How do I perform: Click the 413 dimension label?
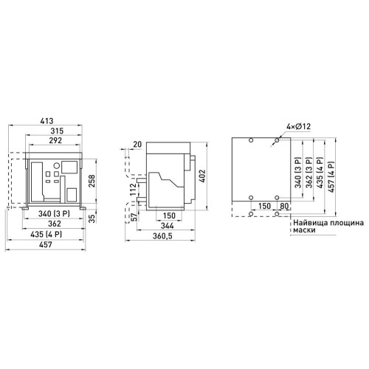[46, 121]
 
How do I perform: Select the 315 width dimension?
[57, 131]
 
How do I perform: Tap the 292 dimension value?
[55, 140]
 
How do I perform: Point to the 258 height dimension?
[92, 181]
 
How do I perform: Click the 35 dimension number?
[92, 218]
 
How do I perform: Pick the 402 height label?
[202, 176]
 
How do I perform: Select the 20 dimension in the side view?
[137, 144]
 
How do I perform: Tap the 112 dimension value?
[133, 190]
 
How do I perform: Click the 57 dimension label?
[133, 217]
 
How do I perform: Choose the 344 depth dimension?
[167, 226]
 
